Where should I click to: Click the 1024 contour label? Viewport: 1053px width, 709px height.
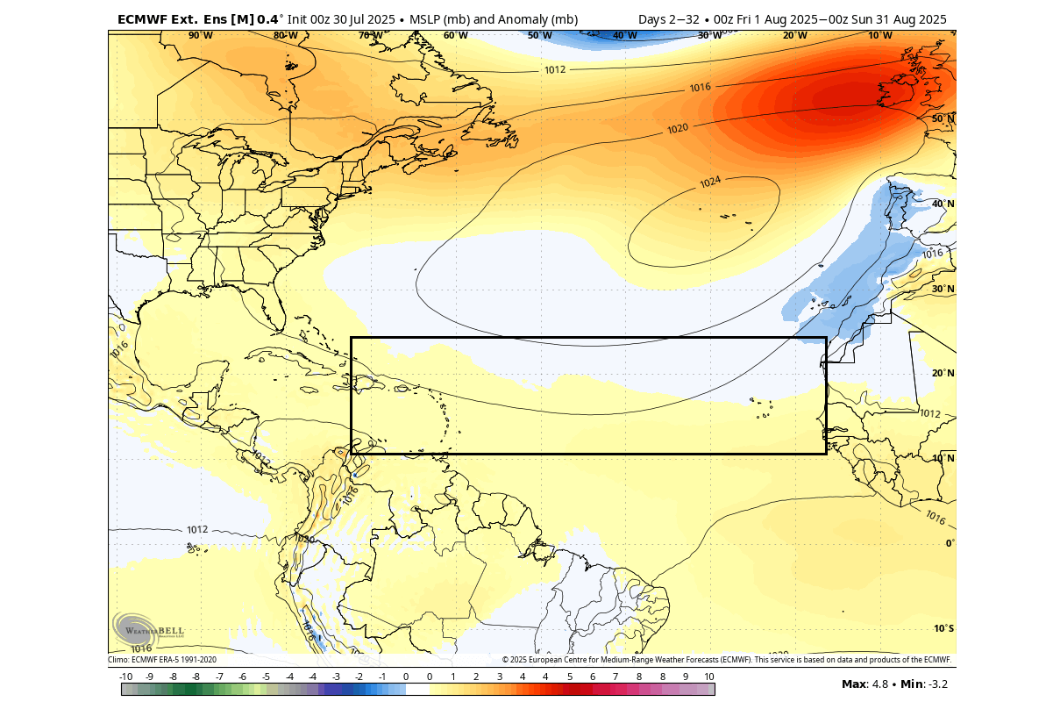coord(710,183)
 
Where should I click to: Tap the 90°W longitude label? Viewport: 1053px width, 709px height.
coord(200,35)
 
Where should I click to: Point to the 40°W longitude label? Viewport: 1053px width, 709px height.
coord(624,35)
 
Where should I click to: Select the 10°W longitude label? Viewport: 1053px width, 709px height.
coord(880,35)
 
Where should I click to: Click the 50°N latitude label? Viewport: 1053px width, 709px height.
coord(943,118)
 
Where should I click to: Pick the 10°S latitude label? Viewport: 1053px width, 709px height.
coord(943,628)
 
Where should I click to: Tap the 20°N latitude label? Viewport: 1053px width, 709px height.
coord(943,374)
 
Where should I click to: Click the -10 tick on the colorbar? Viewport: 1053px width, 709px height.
coord(125,677)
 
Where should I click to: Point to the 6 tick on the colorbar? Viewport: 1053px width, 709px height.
coord(593,677)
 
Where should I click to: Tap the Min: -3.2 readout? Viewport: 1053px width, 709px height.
coord(926,684)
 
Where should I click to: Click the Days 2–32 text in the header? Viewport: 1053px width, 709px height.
coord(668,19)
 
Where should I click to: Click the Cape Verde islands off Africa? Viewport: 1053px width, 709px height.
coord(759,404)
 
